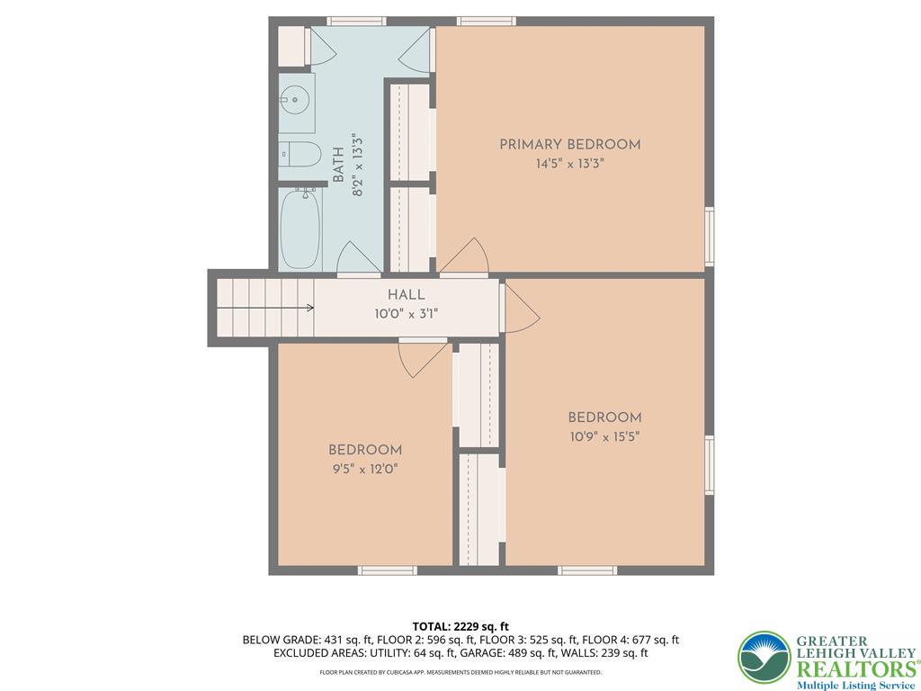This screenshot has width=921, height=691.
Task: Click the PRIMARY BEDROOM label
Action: pos(569,145)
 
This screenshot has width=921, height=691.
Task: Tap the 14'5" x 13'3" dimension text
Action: pos(569,164)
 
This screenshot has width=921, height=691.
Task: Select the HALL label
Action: pos(406,295)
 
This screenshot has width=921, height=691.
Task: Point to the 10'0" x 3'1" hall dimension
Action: pos(406,314)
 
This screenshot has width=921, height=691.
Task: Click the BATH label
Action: pos(338,166)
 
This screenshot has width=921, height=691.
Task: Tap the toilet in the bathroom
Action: pos(300,154)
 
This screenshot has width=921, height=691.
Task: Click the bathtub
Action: pos(300,229)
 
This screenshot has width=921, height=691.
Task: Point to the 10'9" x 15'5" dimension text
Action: pos(604,436)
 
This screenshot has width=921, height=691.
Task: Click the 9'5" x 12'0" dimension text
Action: pos(365,469)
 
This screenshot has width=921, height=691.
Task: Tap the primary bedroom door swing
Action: pos(464,256)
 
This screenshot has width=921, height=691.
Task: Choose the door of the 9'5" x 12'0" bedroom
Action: pos(423,358)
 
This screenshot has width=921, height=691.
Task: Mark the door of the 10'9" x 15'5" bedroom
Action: pos(520,308)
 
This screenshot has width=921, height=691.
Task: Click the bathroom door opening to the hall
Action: pos(359,257)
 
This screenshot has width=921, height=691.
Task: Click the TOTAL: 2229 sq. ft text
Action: pos(460,626)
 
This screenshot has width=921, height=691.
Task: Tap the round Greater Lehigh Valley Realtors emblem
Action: pos(765,658)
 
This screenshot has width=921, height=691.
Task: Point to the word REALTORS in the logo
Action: pos(857,669)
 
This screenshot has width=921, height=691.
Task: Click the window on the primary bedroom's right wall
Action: pos(710,237)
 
